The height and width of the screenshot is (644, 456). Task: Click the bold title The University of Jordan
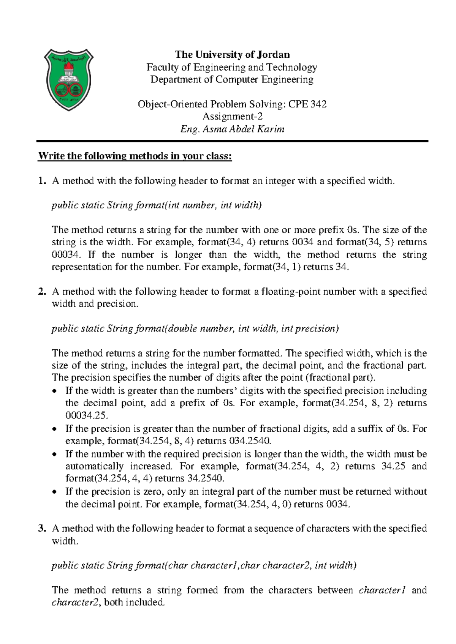click(232, 55)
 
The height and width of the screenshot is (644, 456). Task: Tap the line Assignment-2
click(232, 116)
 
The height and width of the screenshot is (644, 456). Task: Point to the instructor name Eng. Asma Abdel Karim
click(232, 129)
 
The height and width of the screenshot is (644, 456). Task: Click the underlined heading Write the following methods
click(135, 156)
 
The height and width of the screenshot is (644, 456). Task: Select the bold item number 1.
click(41, 181)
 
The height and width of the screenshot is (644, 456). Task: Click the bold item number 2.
click(41, 292)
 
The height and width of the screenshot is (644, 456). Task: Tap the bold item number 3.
click(41, 529)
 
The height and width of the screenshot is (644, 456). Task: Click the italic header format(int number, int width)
click(157, 205)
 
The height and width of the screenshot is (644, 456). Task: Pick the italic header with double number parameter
click(195, 328)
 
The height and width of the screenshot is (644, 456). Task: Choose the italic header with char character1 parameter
click(204, 565)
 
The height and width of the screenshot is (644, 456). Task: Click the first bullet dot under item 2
click(55, 391)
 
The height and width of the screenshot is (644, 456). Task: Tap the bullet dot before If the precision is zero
click(55, 492)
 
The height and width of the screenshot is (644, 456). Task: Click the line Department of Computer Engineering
click(232, 79)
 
